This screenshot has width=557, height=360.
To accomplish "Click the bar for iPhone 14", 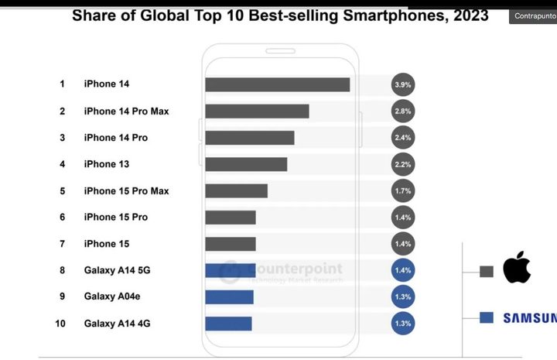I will click(x=277, y=84).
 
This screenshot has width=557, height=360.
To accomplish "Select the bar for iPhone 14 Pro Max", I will click(x=257, y=111).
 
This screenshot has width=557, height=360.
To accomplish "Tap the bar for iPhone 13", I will click(x=246, y=164).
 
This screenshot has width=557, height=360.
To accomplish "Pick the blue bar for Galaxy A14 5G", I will click(x=230, y=270).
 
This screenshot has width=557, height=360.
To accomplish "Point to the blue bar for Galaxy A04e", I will click(x=229, y=297).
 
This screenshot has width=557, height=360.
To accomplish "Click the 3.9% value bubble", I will click(x=403, y=84).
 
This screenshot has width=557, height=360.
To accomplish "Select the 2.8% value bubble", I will click(x=403, y=111).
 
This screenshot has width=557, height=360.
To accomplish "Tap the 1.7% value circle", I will click(x=403, y=190).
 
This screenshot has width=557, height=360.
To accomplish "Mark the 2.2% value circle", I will click(x=403, y=164).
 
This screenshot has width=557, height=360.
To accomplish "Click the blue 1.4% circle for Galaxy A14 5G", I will click(x=403, y=270).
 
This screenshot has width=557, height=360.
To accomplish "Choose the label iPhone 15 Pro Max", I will click(x=126, y=191).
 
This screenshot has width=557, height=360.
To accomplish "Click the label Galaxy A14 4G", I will click(x=117, y=324).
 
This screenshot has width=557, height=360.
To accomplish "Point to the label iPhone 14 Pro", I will click(x=115, y=138).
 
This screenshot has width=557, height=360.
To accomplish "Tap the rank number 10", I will click(x=60, y=324).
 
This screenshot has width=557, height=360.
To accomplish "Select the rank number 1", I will click(x=62, y=84).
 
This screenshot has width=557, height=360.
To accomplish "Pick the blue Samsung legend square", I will click(x=487, y=317).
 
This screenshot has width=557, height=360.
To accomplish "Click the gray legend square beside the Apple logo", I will click(x=487, y=271).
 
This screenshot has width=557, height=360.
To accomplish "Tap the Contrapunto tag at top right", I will click(x=534, y=15).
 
